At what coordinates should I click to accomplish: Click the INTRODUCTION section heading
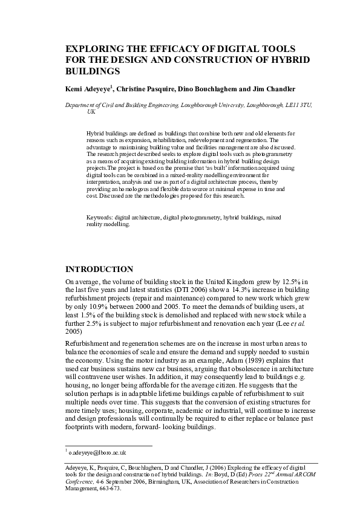99,268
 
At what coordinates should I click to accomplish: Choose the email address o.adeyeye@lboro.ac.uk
96,452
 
